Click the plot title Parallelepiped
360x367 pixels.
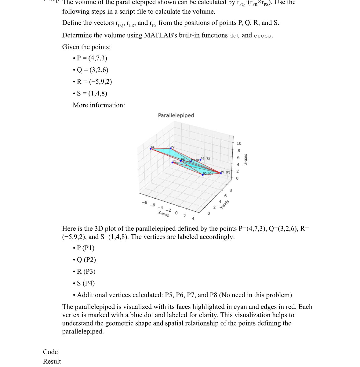[x=176, y=115]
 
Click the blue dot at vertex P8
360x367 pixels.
[x=151, y=149]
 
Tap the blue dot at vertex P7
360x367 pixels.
[x=171, y=149]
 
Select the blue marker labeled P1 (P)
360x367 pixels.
[x=221, y=173]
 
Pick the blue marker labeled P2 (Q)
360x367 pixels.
[x=203, y=175]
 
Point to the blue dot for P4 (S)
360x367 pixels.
[x=200, y=160]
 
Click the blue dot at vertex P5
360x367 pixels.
[x=173, y=162]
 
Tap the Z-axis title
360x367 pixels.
[x=245, y=159]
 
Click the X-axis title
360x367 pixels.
[x=163, y=214]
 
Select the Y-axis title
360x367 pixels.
[x=225, y=204]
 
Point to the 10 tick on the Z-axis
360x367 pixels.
[x=239, y=143]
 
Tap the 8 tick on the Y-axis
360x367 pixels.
[x=231, y=190]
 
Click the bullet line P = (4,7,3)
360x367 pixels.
[x=92, y=58]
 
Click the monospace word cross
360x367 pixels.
[x=263, y=36]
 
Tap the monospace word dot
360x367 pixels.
[x=235, y=36]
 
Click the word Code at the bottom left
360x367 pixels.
[x=50, y=352]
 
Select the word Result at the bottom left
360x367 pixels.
[x=52, y=362]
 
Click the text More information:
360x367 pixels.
[x=99, y=105]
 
